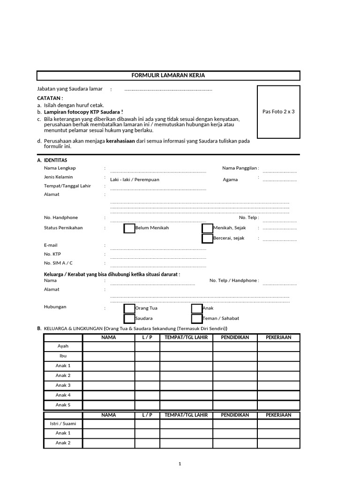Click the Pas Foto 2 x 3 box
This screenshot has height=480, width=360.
pos(278,112)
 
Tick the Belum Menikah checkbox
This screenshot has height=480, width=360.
pos(129,228)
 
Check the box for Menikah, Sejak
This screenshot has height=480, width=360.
pos(207,228)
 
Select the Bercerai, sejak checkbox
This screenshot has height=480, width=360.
pos(207,239)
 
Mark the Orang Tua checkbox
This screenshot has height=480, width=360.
pos(129,308)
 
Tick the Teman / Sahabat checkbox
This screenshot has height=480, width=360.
pos(197,319)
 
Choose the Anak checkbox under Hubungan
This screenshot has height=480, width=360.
pos(197,308)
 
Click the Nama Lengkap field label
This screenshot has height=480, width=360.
pos(60,168)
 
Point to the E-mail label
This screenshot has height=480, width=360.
pos(51,245)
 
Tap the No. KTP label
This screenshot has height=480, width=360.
pos(52,254)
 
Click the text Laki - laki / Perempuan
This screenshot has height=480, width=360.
pos(135,180)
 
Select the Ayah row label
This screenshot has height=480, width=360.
pos(63,346)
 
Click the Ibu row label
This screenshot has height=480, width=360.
pos(63,356)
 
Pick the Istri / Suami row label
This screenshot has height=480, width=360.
pos(63,424)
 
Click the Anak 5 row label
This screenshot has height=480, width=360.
pos(63,405)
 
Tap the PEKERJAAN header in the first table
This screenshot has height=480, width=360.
pos(278,337)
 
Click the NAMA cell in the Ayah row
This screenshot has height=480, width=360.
pos(109,346)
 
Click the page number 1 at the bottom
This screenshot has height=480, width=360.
pos(180,464)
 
